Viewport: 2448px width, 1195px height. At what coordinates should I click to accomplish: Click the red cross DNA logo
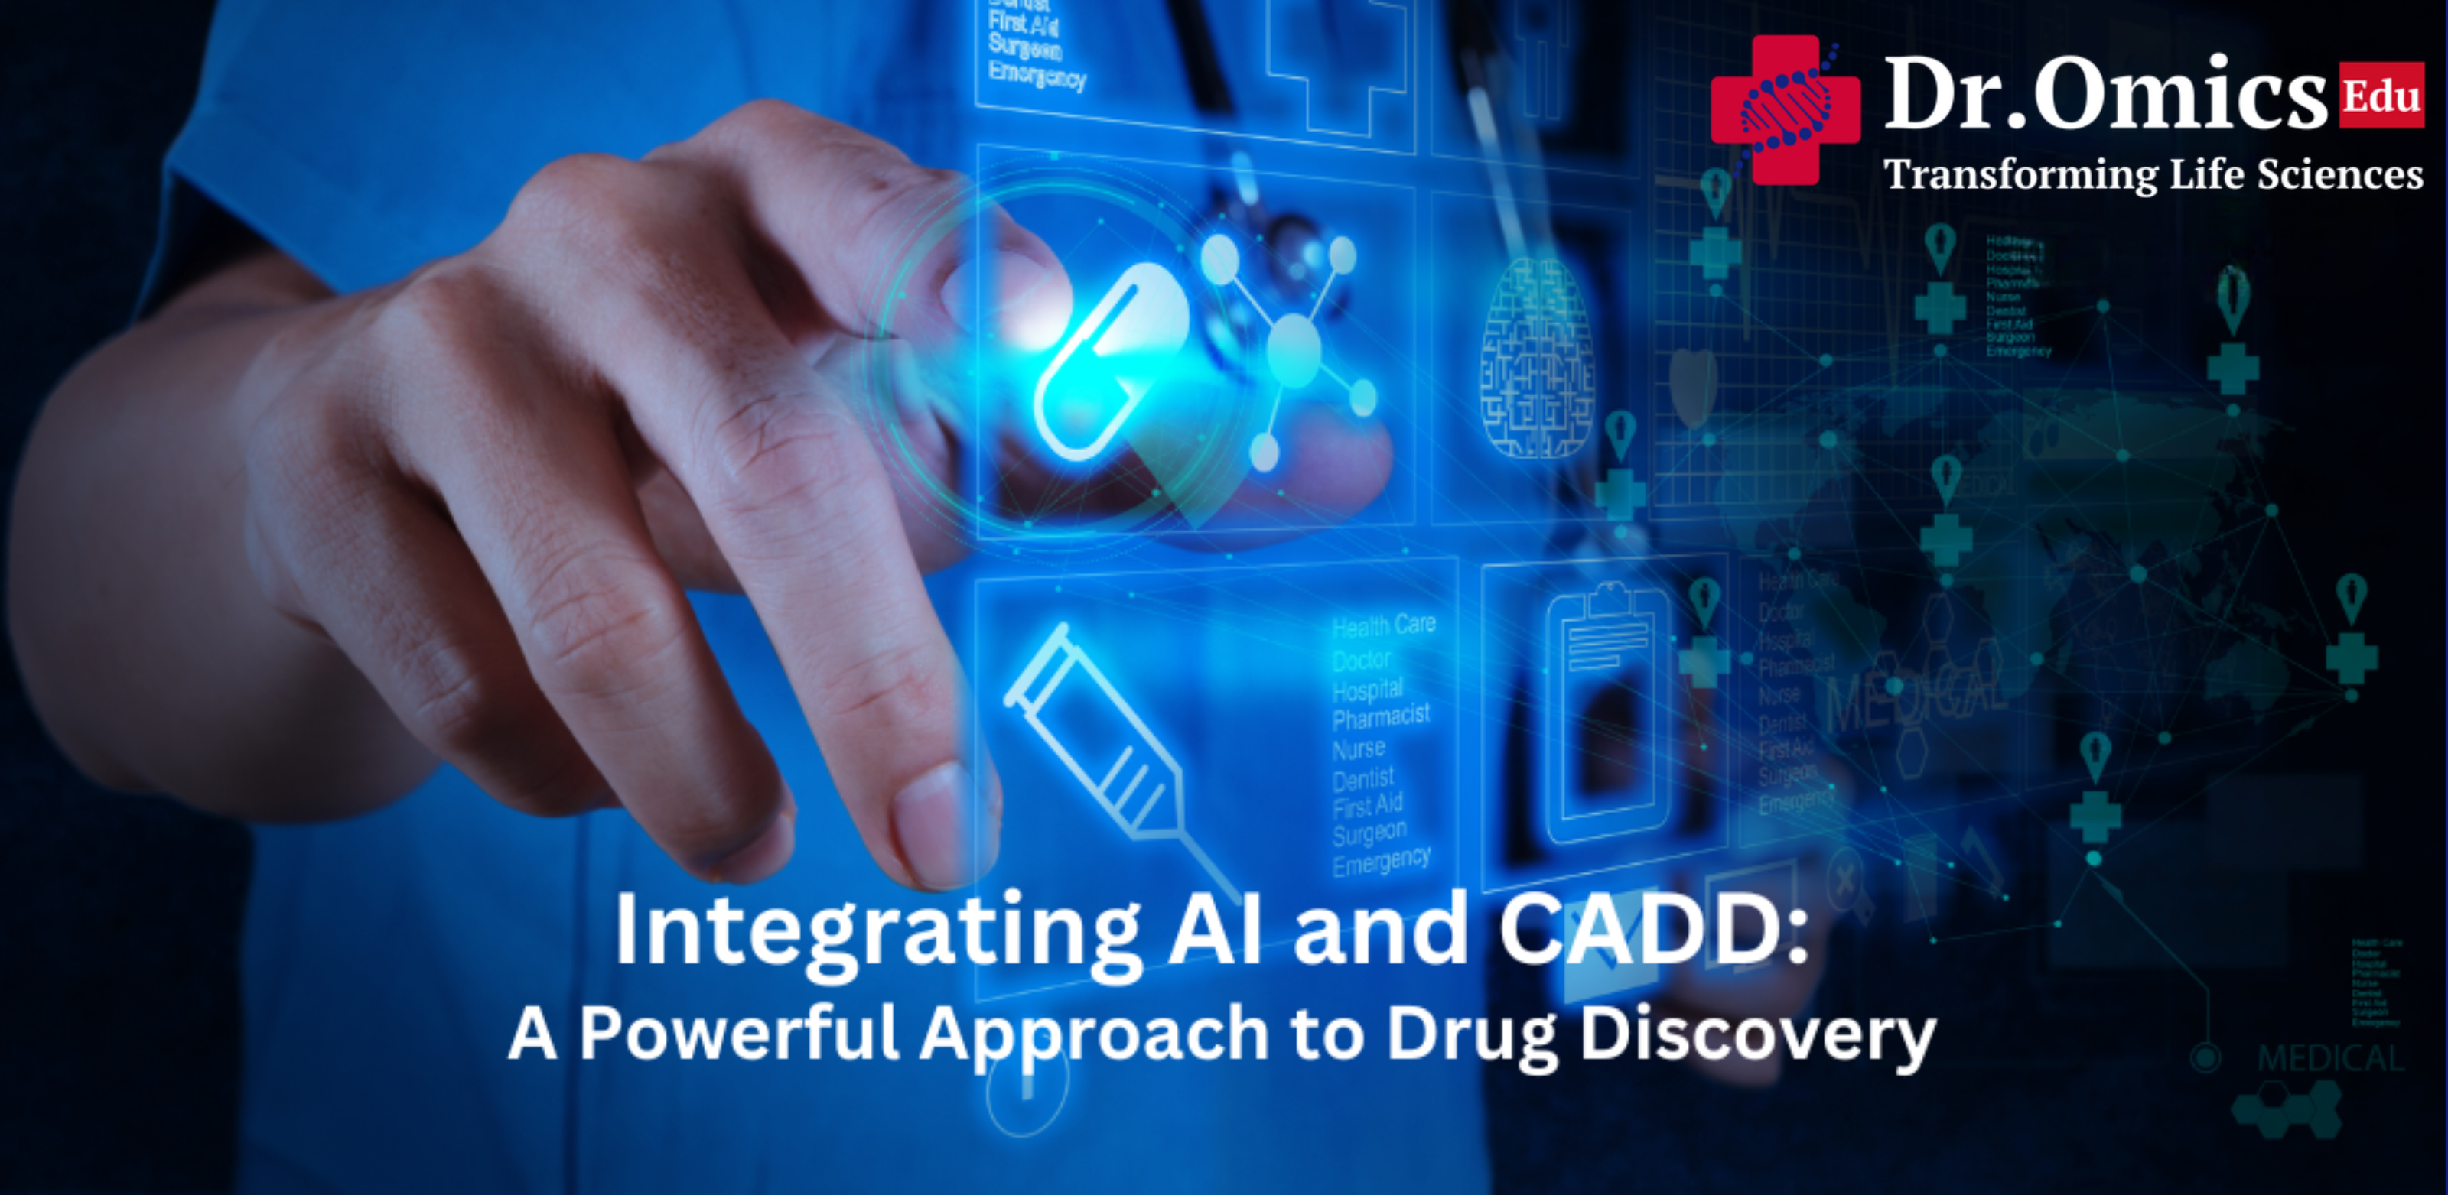(x=1785, y=110)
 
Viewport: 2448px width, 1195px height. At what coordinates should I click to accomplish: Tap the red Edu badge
(x=2380, y=95)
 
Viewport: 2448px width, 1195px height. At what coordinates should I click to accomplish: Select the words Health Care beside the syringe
(x=1382, y=626)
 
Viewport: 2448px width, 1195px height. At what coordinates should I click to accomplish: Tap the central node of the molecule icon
(x=1294, y=346)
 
